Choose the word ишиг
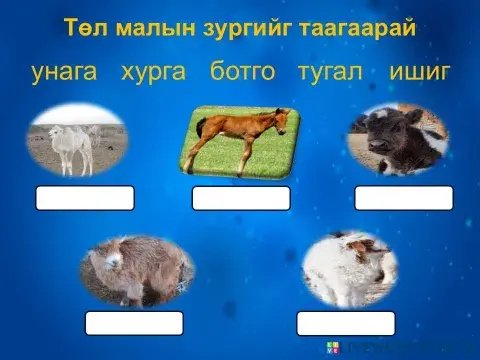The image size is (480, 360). [421, 72]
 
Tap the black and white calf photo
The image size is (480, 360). [397, 139]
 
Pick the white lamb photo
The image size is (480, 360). [350, 268]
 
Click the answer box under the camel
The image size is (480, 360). [85, 198]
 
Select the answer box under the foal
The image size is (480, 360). [241, 198]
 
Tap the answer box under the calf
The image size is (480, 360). [404, 198]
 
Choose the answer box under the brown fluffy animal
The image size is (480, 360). [134, 323]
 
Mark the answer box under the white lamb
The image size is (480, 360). [346, 323]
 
